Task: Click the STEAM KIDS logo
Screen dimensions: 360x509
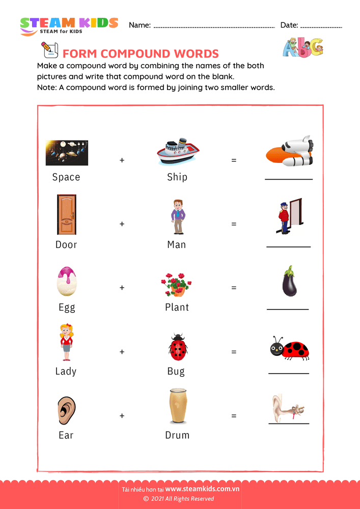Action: point(69,25)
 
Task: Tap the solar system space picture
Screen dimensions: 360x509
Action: point(66,153)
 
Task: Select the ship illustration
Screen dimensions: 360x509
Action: point(177,152)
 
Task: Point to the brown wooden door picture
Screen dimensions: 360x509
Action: point(66,214)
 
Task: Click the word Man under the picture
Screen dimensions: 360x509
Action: point(177,245)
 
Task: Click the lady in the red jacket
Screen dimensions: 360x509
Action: point(66,342)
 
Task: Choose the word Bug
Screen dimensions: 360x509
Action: point(176,371)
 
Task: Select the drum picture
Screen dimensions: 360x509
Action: point(177,406)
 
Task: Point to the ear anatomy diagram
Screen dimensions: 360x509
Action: point(289,407)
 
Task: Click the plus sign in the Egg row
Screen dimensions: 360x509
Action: point(122,288)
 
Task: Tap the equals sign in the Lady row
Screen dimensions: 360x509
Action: point(234,352)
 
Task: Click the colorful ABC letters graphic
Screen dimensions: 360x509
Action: point(302,47)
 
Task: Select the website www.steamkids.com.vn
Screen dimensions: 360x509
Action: point(202,489)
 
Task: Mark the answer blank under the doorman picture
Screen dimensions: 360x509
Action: point(288,246)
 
